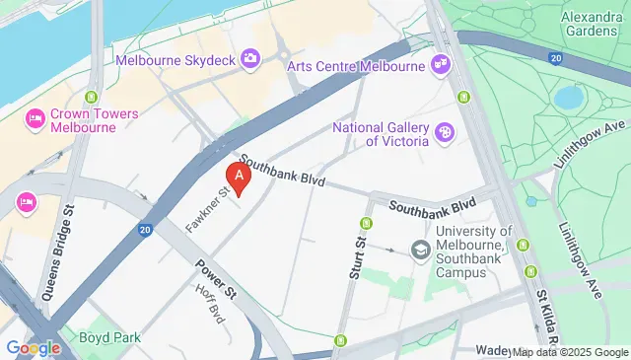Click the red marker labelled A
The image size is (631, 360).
tap(238, 176)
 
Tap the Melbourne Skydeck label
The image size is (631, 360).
tap(176, 60)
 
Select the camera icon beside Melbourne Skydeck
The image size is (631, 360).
tap(250, 59)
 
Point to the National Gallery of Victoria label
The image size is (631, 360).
tap(381, 134)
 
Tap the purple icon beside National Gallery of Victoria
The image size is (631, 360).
tap(446, 131)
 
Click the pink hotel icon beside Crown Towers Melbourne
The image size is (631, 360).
tap(35, 118)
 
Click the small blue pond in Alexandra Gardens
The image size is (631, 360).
tap(568, 97)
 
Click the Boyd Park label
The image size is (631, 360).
tap(110, 337)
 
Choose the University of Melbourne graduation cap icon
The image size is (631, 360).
tap(421, 250)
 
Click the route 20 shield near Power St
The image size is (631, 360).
tap(145, 231)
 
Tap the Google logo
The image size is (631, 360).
tap(34, 348)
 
